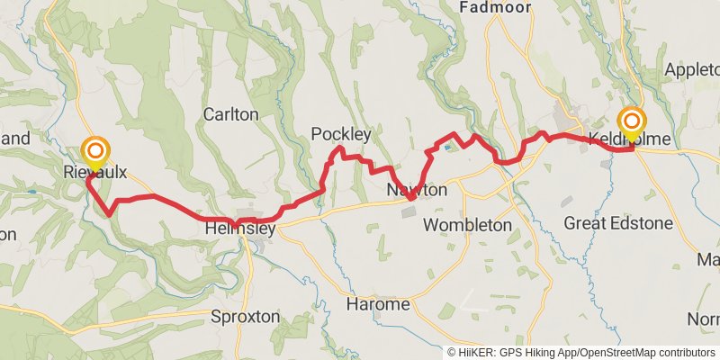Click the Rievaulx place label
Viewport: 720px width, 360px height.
pyautogui.click(x=94, y=171)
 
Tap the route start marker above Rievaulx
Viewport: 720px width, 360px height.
pyautogui.click(x=94, y=150)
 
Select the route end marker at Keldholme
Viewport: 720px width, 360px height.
pyautogui.click(x=632, y=122)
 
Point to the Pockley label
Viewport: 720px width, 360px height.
pyautogui.click(x=341, y=134)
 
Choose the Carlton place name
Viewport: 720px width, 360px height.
pyautogui.click(x=230, y=114)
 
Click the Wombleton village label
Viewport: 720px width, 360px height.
pyautogui.click(x=466, y=224)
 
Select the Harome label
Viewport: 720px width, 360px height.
pyautogui.click(x=379, y=305)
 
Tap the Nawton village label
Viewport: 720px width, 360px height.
pyautogui.click(x=417, y=191)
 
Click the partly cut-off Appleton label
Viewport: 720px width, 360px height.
pyautogui.click(x=691, y=69)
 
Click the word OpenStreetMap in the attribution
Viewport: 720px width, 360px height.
pyautogui.click(x=622, y=353)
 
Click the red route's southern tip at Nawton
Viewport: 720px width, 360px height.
pyautogui.click(x=410, y=197)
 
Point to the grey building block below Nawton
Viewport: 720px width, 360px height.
pyautogui.click(x=409, y=212)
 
